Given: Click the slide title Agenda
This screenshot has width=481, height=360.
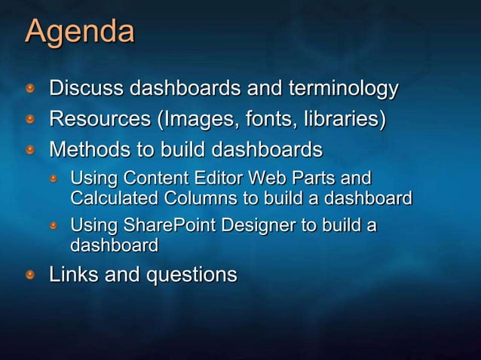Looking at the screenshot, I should pyautogui.click(x=80, y=32).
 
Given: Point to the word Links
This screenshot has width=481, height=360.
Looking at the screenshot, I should pyautogui.click(x=72, y=275).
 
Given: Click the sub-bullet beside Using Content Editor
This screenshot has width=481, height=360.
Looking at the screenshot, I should pyautogui.click(x=54, y=180).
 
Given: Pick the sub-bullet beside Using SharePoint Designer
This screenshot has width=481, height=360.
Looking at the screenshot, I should pyautogui.click(x=54, y=227).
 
